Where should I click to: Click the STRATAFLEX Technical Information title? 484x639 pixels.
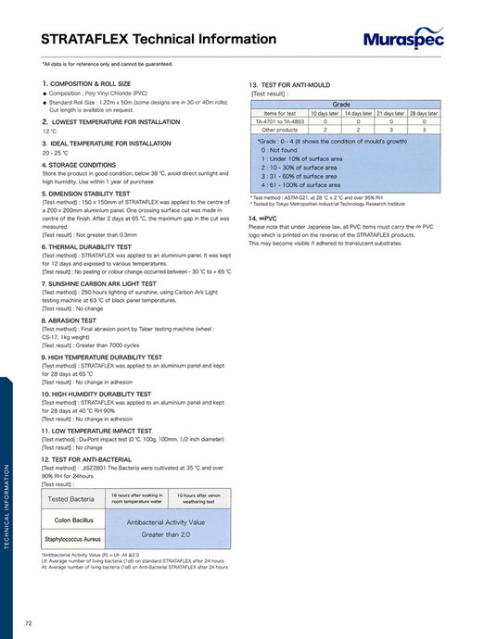pyautogui.click(x=159, y=39)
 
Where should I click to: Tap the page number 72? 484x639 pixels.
pyautogui.click(x=30, y=621)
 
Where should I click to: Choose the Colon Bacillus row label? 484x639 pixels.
pyautogui.click(x=71, y=520)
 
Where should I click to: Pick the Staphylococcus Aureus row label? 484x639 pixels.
pyautogui.click(x=72, y=538)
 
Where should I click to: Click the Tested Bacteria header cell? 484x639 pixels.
pyautogui.click(x=71, y=500)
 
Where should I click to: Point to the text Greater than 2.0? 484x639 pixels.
pyautogui.click(x=166, y=534)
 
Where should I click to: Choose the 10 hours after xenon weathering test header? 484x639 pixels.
pyautogui.click(x=199, y=500)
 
